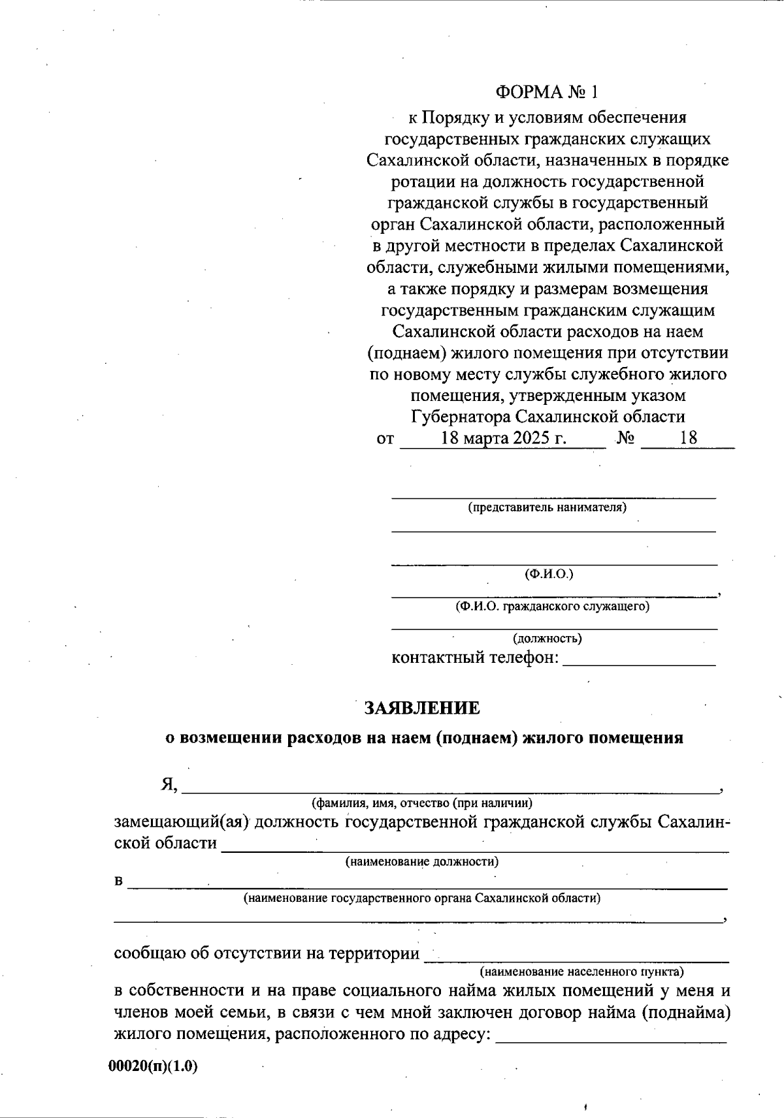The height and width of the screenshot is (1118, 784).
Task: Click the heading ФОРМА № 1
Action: coord(547,92)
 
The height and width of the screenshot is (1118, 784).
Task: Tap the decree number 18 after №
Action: coord(688,438)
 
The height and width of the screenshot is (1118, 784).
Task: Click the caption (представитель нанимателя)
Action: coord(547,507)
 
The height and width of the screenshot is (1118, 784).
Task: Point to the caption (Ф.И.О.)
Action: coord(549,574)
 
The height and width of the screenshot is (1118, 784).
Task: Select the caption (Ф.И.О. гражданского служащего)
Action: coord(552,606)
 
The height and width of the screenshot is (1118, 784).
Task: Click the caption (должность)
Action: coord(547,638)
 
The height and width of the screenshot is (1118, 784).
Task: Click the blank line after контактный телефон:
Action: coord(639,661)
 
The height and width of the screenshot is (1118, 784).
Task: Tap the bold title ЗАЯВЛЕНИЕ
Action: coord(422,708)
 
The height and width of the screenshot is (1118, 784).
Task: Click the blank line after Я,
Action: coord(449,788)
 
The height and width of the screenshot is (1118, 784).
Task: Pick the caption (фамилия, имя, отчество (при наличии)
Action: coord(422,802)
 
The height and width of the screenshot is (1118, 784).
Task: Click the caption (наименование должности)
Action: coord(422,861)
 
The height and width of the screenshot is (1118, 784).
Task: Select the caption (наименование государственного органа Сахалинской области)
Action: coord(422,898)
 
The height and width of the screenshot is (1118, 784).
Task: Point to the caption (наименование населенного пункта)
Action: coord(581,970)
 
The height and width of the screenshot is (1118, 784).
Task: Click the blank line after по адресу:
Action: coord(612,1038)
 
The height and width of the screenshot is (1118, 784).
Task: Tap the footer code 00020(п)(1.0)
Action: coord(153,1066)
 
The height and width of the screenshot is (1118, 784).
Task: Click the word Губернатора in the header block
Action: coord(461,417)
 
